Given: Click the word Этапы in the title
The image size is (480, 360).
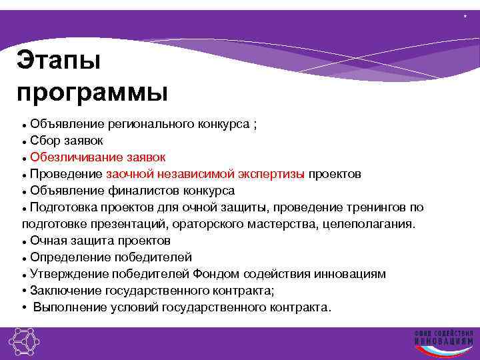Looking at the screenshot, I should (x=59, y=61).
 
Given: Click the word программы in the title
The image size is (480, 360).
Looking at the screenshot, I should (x=93, y=92).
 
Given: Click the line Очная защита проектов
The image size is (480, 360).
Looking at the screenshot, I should (x=100, y=241).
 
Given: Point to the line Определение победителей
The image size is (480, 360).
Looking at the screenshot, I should (x=111, y=257).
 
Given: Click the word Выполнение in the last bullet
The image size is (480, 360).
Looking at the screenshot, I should (x=68, y=307).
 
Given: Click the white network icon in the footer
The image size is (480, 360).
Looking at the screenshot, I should (x=24, y=343).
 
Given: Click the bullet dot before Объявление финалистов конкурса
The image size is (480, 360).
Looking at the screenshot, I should (x=24, y=191).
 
